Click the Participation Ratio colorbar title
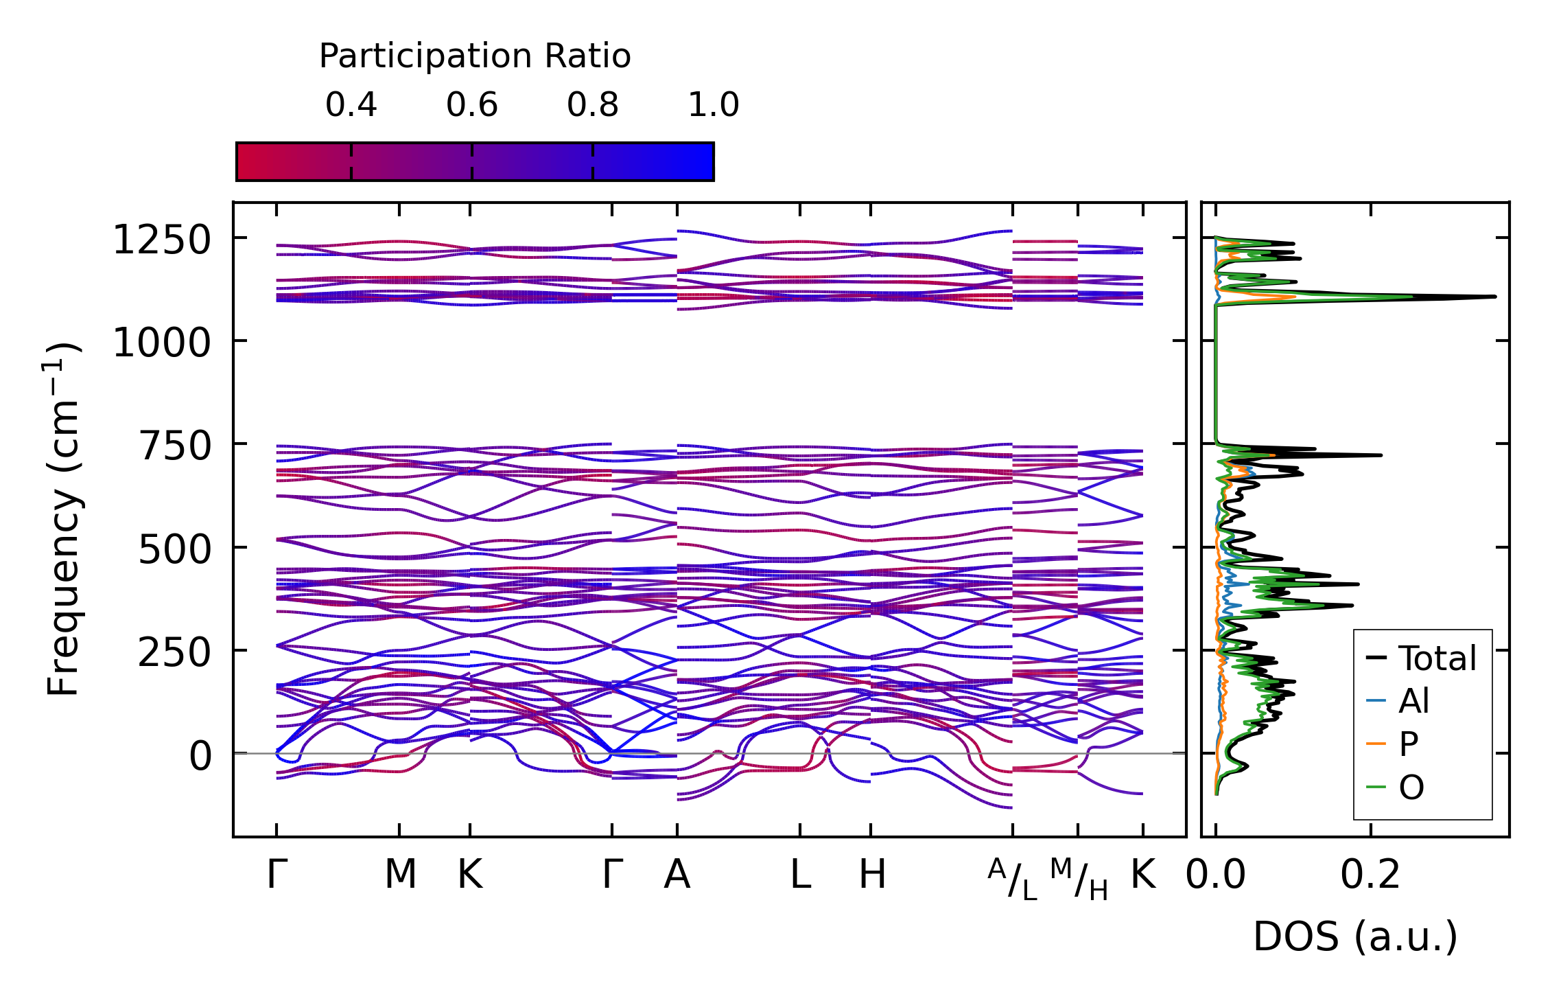point(475,56)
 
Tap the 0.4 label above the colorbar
point(351,105)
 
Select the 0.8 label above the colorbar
point(593,105)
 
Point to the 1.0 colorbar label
point(714,105)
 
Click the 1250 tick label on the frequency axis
point(162,241)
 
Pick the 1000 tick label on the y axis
point(162,343)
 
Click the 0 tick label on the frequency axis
point(200,757)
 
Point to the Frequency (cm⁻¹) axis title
point(63,519)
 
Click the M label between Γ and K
point(400,875)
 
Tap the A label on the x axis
point(677,875)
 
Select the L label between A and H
point(800,875)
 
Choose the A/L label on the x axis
point(1013,879)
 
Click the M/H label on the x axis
point(1079,879)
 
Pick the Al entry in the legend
point(1413,702)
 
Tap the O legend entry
point(1411,788)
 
